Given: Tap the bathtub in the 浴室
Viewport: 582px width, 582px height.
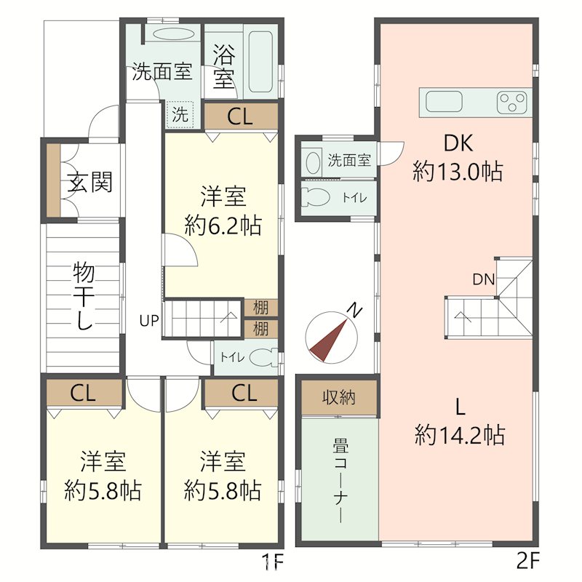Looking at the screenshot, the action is pyautogui.click(x=260, y=61).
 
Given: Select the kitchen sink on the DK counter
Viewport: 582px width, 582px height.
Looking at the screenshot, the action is pyautogui.click(x=444, y=101).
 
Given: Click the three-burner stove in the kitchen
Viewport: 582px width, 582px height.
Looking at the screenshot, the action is pyautogui.click(x=512, y=102).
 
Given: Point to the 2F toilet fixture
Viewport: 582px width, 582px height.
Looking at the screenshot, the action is pyautogui.click(x=316, y=197).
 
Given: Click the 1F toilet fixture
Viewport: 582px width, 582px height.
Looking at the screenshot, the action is pyautogui.click(x=263, y=358).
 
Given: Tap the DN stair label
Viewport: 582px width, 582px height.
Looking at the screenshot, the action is pyautogui.click(x=484, y=279).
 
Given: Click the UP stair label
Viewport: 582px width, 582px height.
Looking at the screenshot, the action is pyautogui.click(x=149, y=320).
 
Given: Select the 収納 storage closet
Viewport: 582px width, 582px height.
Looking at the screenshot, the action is pyautogui.click(x=339, y=397).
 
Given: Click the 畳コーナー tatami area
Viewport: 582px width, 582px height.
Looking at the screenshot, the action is pyautogui.click(x=340, y=479).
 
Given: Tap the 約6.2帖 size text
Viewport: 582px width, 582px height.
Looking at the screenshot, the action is pyautogui.click(x=223, y=226).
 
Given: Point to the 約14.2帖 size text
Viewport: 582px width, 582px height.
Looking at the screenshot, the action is pyautogui.click(x=460, y=435).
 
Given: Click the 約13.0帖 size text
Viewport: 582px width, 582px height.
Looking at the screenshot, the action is pyautogui.click(x=458, y=172).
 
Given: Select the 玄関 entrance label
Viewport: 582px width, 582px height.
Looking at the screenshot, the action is pyautogui.click(x=89, y=183).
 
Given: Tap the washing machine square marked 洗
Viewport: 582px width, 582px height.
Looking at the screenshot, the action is pyautogui.click(x=180, y=114).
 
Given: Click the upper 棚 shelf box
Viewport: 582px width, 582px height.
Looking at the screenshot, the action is pyautogui.click(x=261, y=308).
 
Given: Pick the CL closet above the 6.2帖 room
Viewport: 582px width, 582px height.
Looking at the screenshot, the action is pyautogui.click(x=241, y=116).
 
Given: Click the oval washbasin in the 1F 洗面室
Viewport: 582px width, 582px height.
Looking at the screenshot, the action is pyautogui.click(x=173, y=35).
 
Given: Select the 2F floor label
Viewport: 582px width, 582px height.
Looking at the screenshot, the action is pyautogui.click(x=527, y=562).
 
